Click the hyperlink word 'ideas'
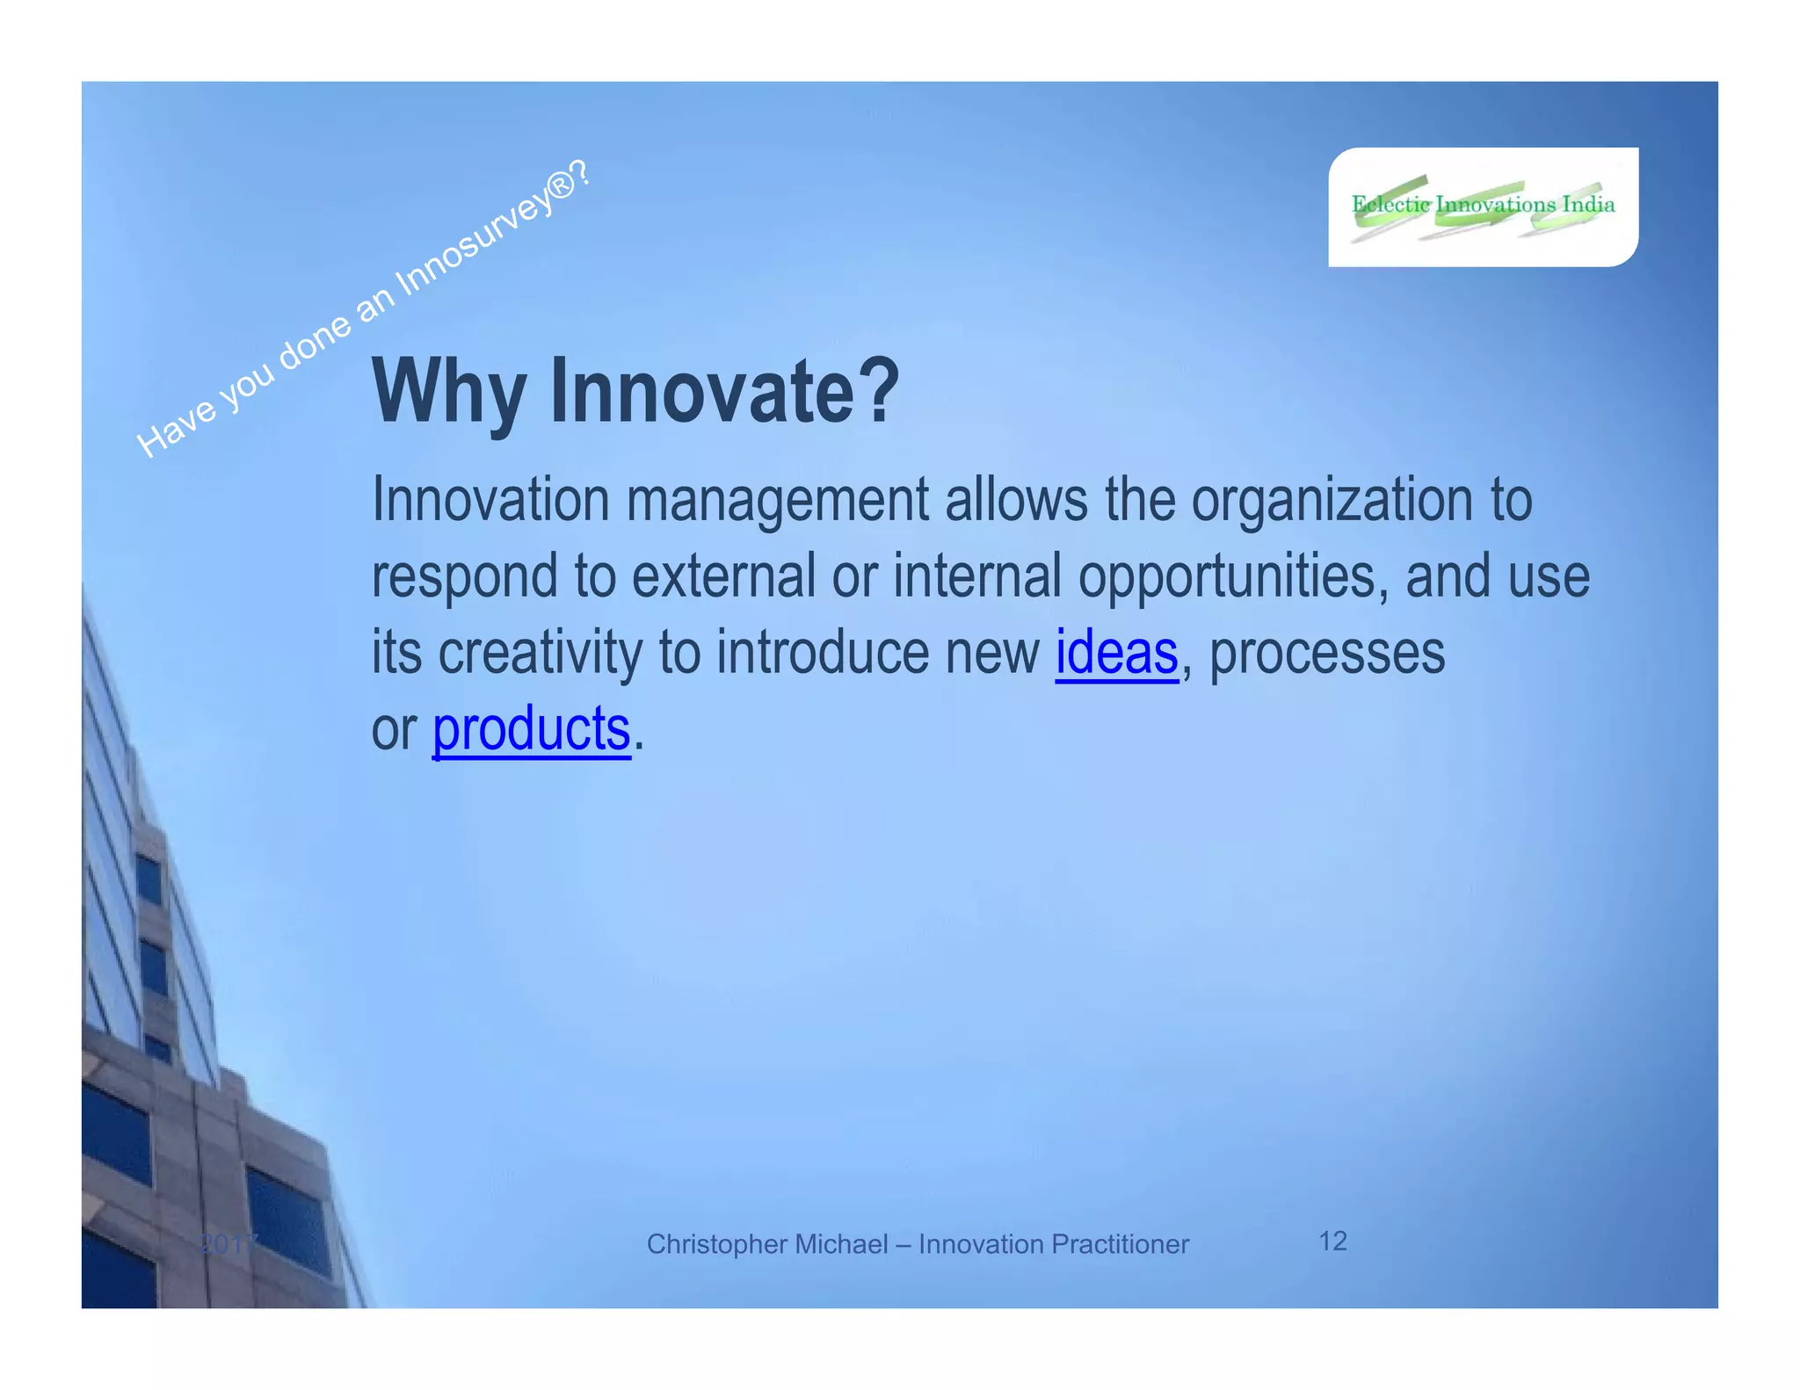pos(1116,653)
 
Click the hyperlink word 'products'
pos(531,729)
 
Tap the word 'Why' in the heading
pos(449,392)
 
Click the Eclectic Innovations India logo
pos(1483,207)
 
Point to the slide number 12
pos(1332,1241)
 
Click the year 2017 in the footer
pos(228,1244)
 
